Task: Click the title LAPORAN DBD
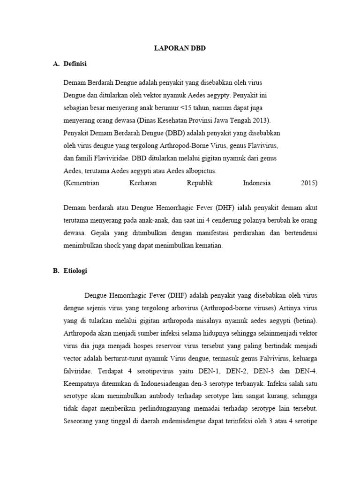pos(180,48)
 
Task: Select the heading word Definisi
pos(75,63)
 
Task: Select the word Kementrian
pos(82,183)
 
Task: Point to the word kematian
pos(208,245)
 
